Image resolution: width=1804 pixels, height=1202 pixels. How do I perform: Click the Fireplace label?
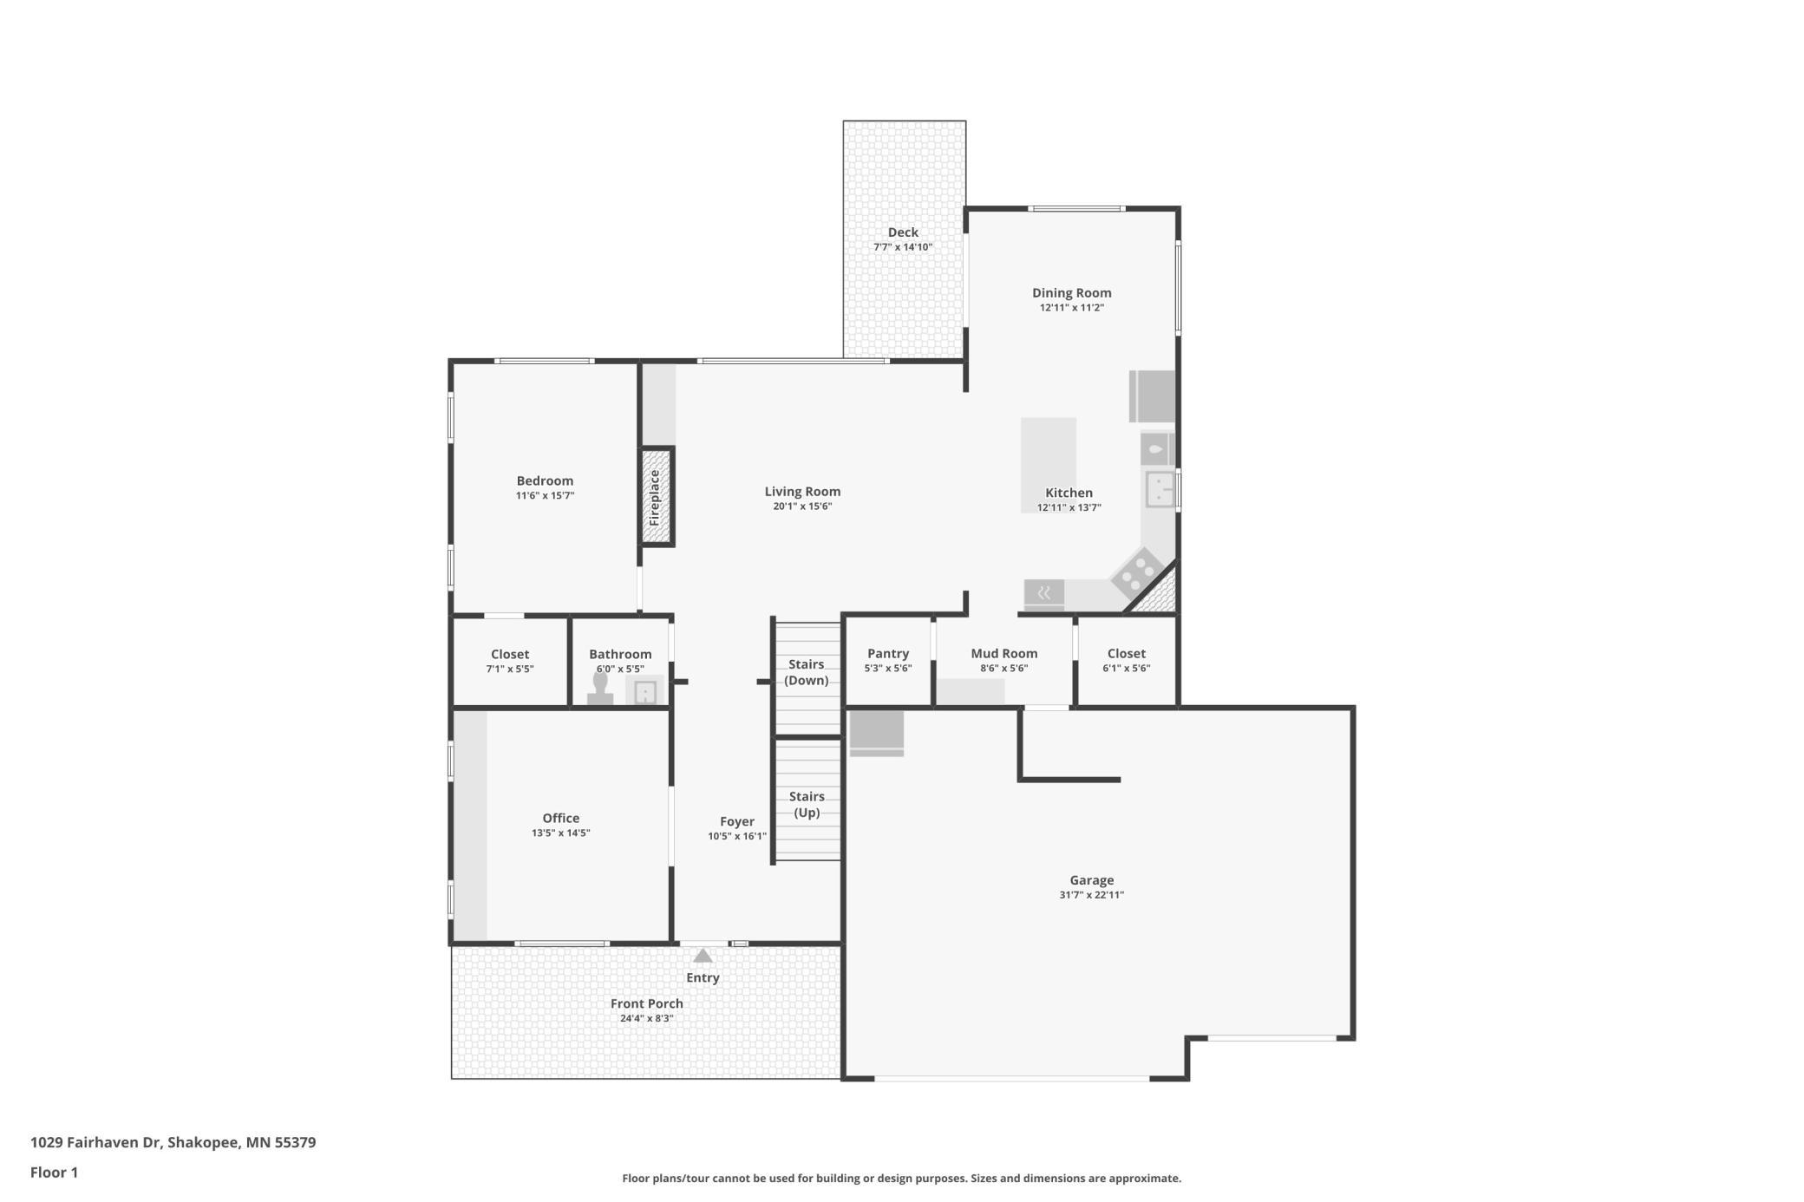coord(655,497)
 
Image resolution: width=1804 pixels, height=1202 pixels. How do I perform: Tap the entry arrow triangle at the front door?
coord(703,956)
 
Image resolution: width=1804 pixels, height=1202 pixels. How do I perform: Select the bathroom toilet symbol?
coord(600,689)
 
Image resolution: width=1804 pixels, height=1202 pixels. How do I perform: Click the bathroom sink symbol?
coord(644,691)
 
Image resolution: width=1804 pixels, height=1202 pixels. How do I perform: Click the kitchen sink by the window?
coord(1160,488)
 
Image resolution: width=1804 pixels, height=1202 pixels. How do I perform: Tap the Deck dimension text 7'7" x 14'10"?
coord(903,247)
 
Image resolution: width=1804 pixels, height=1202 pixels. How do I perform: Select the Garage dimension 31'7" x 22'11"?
coord(1091,895)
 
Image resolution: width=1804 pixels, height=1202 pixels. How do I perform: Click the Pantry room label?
coord(888,653)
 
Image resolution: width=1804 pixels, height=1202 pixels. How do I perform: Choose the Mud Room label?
coord(1004,653)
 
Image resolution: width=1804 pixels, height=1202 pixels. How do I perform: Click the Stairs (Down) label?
coord(807,672)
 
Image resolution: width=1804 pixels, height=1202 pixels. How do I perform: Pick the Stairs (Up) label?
coord(807,804)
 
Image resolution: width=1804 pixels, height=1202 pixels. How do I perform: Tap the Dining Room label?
coord(1072,293)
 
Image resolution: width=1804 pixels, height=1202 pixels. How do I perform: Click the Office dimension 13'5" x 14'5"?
coord(561,833)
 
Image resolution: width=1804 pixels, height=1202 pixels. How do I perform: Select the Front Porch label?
coord(647,1003)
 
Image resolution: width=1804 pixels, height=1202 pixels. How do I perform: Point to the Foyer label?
coord(737,821)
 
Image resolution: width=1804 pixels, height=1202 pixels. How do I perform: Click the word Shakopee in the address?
coord(203,1143)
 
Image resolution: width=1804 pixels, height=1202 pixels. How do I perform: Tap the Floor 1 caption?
coord(54,1173)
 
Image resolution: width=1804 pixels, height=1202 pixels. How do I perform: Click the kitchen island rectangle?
coord(1049,466)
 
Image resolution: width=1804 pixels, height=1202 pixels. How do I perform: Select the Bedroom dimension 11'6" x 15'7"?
coord(546,496)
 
